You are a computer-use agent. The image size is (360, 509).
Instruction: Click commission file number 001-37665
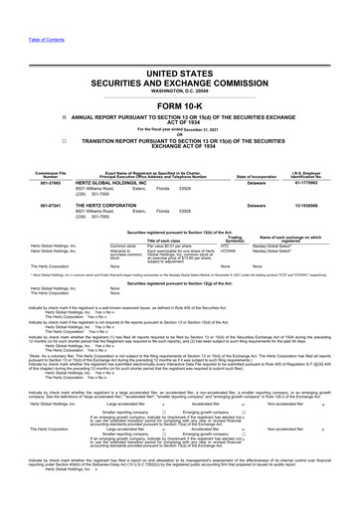click(31, 183)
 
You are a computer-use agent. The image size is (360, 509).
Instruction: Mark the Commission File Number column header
click(31, 175)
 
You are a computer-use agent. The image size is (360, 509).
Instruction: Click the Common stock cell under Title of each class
click(124, 246)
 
